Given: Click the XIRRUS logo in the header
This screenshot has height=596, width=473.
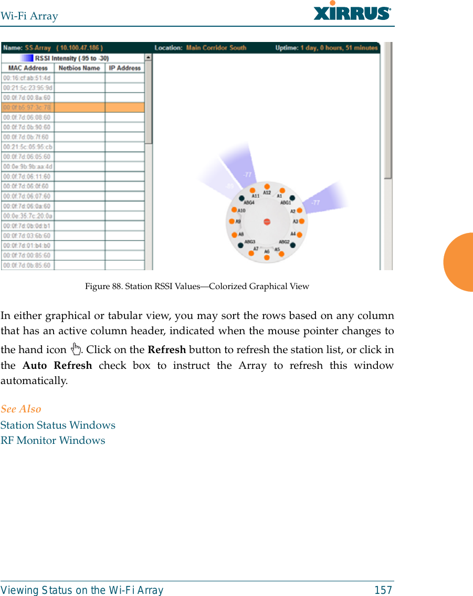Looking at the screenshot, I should (x=352, y=11).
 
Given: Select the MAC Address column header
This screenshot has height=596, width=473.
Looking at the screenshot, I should (x=28, y=68).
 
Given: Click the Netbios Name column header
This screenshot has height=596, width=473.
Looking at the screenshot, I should (x=79, y=68).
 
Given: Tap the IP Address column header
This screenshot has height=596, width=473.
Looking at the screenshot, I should (x=125, y=68).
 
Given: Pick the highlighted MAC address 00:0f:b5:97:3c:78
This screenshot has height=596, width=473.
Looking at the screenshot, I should (x=27, y=108).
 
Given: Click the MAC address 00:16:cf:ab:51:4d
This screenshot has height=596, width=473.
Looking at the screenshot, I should (x=27, y=78).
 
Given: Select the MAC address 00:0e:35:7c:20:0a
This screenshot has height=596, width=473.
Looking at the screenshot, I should (x=27, y=216).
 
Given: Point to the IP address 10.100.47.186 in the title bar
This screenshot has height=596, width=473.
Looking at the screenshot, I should (x=80, y=48).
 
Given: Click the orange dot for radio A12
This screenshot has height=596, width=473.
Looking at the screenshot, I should (x=267, y=186).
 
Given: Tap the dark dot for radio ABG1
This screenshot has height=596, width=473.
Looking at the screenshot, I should (x=292, y=198).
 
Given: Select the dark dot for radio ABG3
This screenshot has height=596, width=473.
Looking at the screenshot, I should (x=240, y=245).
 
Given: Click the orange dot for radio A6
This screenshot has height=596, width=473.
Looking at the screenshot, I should (x=267, y=258).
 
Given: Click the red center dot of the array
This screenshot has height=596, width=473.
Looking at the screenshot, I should (x=267, y=221).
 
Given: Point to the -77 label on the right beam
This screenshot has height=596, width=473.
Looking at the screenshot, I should (x=316, y=202).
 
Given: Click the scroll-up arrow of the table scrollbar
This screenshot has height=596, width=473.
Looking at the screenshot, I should (x=149, y=58).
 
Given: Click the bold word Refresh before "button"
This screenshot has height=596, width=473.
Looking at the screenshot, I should (x=166, y=350).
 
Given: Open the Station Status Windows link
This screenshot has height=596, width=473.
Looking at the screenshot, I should (x=58, y=425).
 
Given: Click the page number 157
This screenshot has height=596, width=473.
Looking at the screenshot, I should (x=383, y=590).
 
